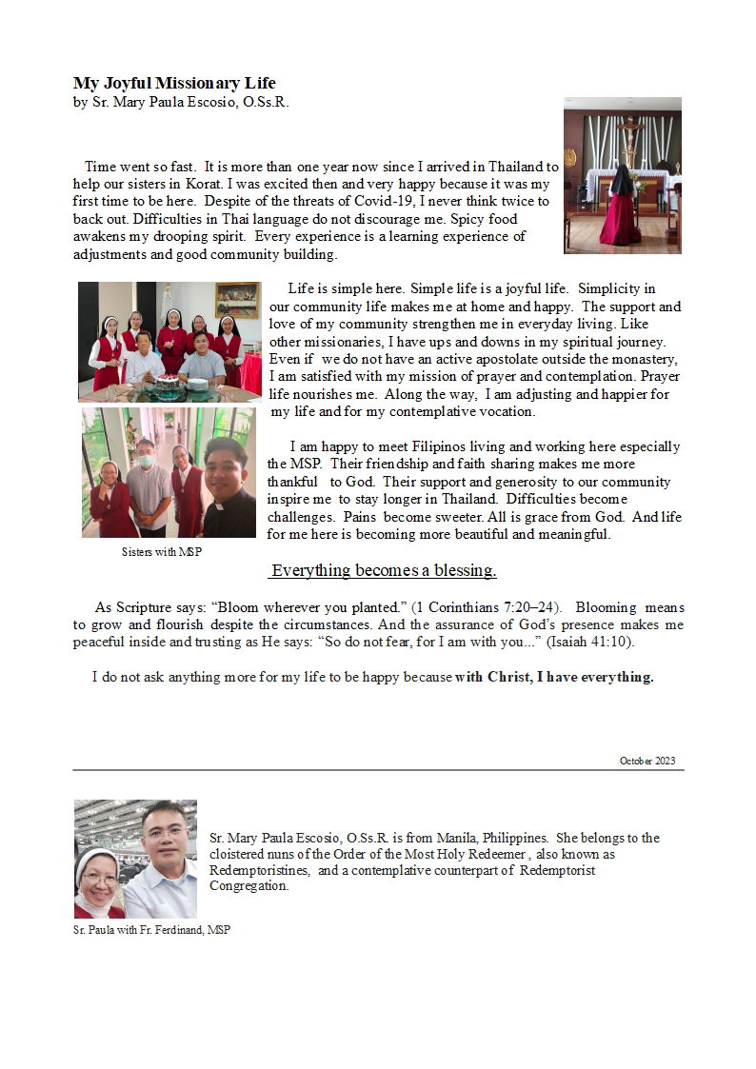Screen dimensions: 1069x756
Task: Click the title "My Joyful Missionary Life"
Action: [174, 84]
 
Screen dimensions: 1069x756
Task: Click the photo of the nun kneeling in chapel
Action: [622, 175]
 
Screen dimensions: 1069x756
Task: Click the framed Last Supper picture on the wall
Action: [236, 300]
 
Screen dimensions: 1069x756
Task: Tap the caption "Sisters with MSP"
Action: [162, 552]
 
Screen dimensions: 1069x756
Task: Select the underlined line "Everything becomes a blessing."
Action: [384, 571]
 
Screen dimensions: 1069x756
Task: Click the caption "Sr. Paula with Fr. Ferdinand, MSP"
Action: [151, 930]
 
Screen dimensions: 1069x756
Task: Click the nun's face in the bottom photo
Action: [98, 873]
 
